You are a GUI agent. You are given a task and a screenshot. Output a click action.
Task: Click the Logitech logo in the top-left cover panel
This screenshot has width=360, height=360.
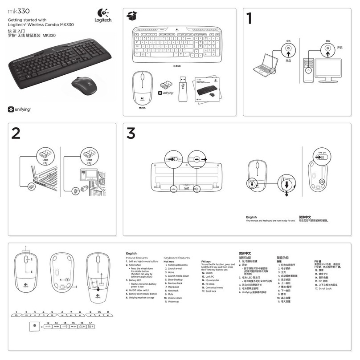(x=103, y=18)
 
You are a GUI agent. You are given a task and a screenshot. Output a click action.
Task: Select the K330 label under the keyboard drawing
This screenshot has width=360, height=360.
(x=177, y=65)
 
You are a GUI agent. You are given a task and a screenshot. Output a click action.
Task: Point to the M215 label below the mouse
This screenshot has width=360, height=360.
(x=142, y=107)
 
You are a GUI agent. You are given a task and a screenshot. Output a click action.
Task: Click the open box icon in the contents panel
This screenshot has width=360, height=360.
(x=131, y=16)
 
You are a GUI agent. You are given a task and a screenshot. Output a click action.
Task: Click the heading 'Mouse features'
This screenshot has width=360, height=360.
(x=137, y=258)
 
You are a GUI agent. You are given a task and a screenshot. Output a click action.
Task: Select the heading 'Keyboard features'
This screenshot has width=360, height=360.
(x=176, y=258)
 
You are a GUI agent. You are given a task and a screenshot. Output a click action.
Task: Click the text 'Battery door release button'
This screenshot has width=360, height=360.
(x=142, y=294)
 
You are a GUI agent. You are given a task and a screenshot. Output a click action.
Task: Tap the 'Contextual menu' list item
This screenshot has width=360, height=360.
(x=214, y=287)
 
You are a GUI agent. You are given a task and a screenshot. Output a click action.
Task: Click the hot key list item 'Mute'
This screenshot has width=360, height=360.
(x=171, y=294)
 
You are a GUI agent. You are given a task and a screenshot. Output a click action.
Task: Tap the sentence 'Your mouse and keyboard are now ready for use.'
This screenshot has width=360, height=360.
(x=270, y=221)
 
